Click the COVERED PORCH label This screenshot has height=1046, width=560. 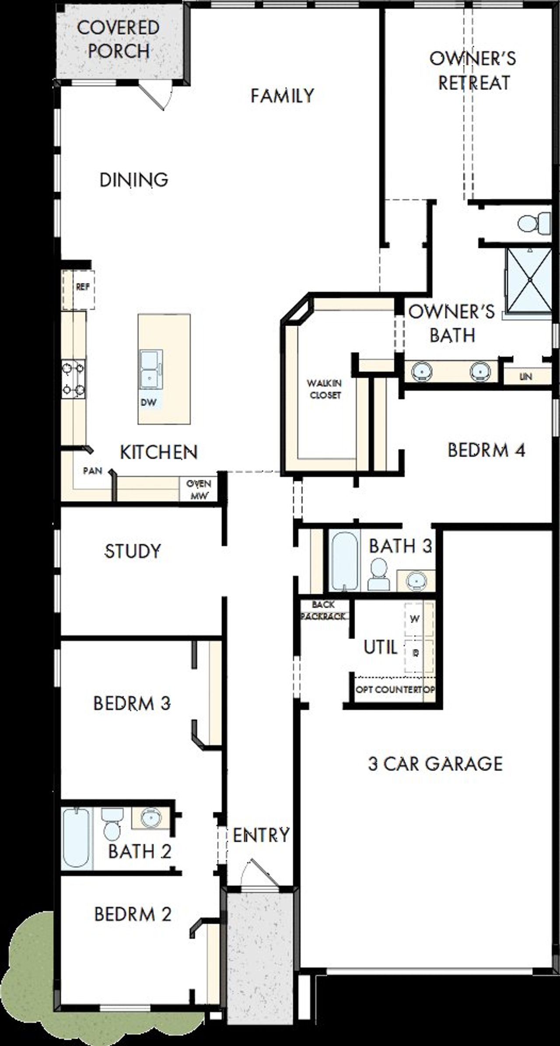[x=118, y=39]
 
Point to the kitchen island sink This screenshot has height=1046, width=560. [x=150, y=370]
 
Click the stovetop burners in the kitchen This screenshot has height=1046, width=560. [x=73, y=379]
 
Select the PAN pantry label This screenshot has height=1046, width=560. [x=93, y=471]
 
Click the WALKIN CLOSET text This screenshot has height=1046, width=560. [x=324, y=389]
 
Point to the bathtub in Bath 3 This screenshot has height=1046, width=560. [x=344, y=561]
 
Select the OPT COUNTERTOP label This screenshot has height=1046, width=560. [x=395, y=690]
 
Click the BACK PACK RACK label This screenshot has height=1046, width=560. [x=324, y=610]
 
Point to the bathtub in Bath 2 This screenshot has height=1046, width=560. [x=76, y=837]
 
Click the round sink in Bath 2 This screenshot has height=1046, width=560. [x=151, y=817]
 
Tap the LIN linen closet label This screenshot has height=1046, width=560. [x=525, y=376]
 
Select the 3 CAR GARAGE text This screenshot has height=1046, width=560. [x=435, y=764]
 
